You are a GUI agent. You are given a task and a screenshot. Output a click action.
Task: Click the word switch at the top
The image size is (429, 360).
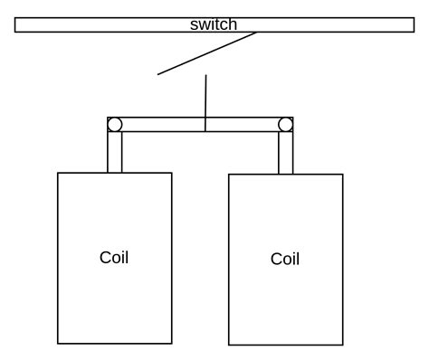click(x=214, y=24)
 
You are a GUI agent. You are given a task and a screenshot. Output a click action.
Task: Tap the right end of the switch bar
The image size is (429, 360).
click(x=412, y=25)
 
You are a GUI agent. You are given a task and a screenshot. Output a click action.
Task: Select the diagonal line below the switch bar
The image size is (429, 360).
click(x=207, y=53)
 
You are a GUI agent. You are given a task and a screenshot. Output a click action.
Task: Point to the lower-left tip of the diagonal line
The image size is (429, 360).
click(x=158, y=74)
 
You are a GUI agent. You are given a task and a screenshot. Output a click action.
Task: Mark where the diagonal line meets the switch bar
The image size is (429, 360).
click(x=257, y=33)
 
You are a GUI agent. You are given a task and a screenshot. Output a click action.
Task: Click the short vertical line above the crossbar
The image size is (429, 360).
click(x=206, y=96)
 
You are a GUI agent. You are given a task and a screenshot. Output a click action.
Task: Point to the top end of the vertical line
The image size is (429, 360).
click(x=206, y=75)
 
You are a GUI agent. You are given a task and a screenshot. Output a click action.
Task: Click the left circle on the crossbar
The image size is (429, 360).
click(x=115, y=124)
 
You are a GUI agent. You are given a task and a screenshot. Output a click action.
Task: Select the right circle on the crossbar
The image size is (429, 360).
click(x=285, y=124)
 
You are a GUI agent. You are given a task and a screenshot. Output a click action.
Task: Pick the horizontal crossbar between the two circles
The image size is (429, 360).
click(x=163, y=124)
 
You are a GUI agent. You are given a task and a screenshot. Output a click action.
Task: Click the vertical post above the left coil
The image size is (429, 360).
click(x=115, y=152)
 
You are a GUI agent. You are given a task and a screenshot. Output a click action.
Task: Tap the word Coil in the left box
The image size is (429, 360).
click(x=114, y=258)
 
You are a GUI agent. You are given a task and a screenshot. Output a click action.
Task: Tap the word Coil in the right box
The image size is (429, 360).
click(x=285, y=260)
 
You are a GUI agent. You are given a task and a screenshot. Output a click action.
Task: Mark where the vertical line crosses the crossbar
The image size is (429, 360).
click(x=205, y=124)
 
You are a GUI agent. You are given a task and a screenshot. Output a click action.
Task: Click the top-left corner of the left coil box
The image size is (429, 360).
click(x=58, y=173)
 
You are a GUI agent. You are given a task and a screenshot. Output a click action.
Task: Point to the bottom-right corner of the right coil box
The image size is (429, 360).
click(x=343, y=345)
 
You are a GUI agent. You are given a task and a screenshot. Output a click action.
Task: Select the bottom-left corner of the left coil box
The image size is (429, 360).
click(x=58, y=344)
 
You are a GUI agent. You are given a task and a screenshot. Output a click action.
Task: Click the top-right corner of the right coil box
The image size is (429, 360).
click(x=343, y=175)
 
